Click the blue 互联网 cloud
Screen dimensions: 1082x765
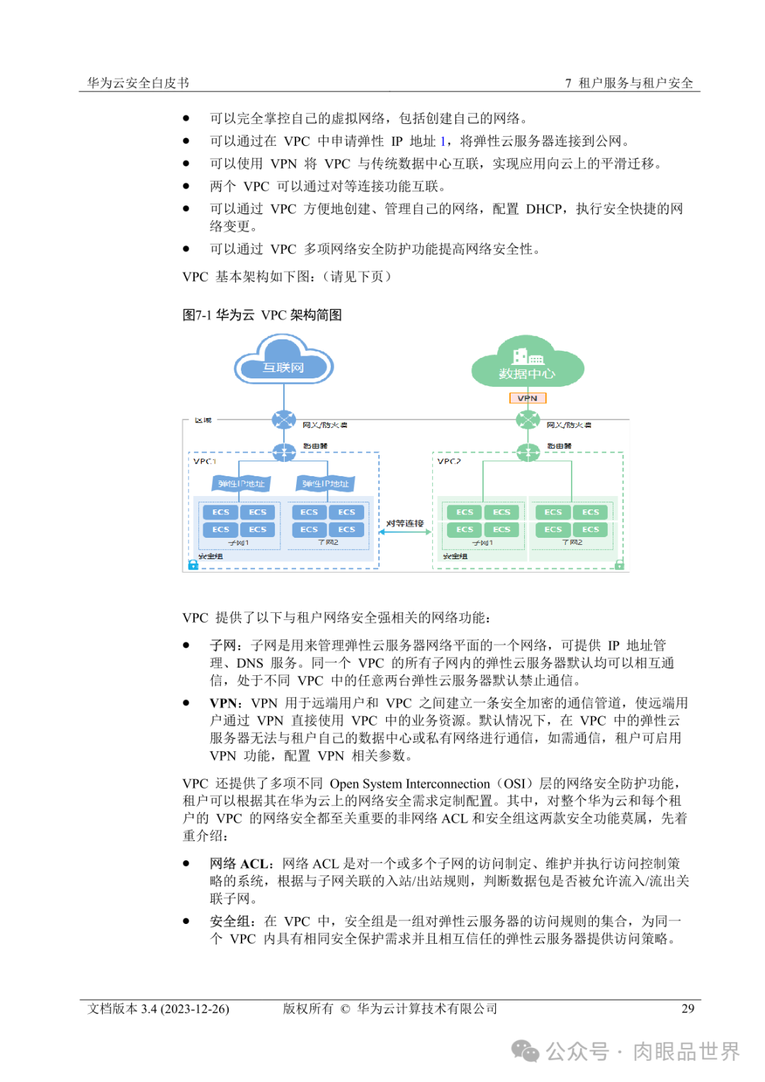[x=283, y=363]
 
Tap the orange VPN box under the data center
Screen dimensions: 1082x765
[x=528, y=398]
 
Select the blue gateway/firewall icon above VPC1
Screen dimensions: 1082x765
[x=284, y=419]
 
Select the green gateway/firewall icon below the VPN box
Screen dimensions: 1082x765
[x=528, y=419]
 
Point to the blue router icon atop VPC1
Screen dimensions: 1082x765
[x=284, y=451]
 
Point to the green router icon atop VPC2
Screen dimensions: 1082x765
[x=528, y=451]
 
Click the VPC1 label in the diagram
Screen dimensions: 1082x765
[x=205, y=461]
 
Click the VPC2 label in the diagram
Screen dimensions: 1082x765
[x=449, y=461]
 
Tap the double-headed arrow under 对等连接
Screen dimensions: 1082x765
[x=405, y=532]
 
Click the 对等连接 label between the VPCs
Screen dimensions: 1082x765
[x=405, y=524]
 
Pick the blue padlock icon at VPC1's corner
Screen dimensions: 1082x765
[x=193, y=565]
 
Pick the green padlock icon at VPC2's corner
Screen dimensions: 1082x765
[x=619, y=565]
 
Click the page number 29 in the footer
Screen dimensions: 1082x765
[x=687, y=1008]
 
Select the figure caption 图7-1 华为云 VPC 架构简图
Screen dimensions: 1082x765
[x=262, y=315]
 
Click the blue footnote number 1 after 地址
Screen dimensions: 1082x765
[x=443, y=141]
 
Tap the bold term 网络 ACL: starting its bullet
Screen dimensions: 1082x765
[x=242, y=864]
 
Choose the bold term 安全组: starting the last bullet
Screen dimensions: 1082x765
[x=233, y=921]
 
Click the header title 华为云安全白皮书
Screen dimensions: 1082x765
[x=138, y=83]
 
